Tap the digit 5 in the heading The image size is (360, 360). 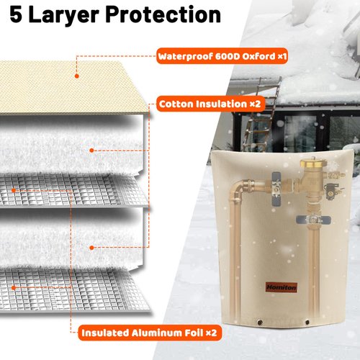(x=17, y=14)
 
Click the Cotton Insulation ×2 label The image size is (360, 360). (x=209, y=104)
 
